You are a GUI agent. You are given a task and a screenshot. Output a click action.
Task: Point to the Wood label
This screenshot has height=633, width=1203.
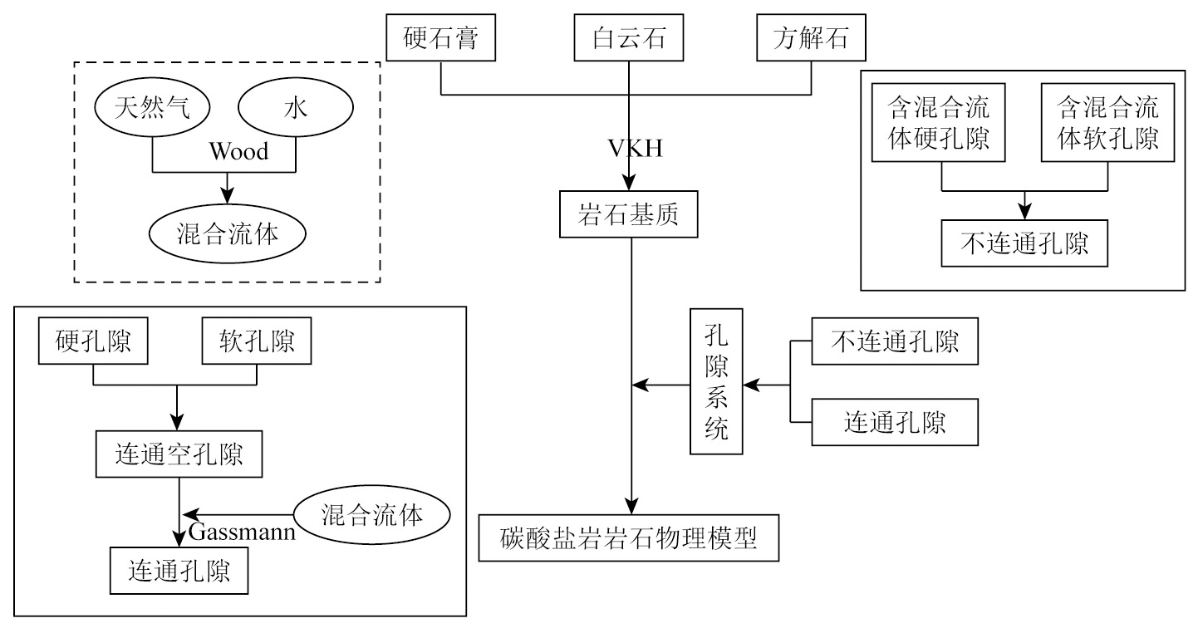coord(238,152)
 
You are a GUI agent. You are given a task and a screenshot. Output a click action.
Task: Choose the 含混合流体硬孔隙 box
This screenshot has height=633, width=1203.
coord(940,122)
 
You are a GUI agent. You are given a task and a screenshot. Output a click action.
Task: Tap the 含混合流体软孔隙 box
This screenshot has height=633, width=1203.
coord(1107,122)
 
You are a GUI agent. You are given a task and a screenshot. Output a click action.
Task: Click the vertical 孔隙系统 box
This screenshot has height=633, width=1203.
coord(716,381)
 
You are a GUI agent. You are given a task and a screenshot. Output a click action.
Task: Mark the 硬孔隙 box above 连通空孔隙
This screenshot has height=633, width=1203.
coord(93,343)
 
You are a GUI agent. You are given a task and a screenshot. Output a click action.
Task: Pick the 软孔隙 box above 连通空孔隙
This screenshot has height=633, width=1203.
coord(257,343)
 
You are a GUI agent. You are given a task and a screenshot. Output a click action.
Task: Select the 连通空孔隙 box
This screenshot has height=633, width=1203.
coord(179,454)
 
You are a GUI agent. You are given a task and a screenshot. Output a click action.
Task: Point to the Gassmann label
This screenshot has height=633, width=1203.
coord(242,532)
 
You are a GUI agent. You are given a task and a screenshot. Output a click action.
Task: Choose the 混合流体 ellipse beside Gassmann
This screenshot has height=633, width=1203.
coord(372,515)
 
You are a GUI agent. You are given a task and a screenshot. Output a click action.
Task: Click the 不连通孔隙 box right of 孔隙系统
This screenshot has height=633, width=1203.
coord(895,341)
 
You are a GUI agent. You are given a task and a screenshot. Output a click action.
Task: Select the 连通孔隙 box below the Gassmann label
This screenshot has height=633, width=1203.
coord(179,570)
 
